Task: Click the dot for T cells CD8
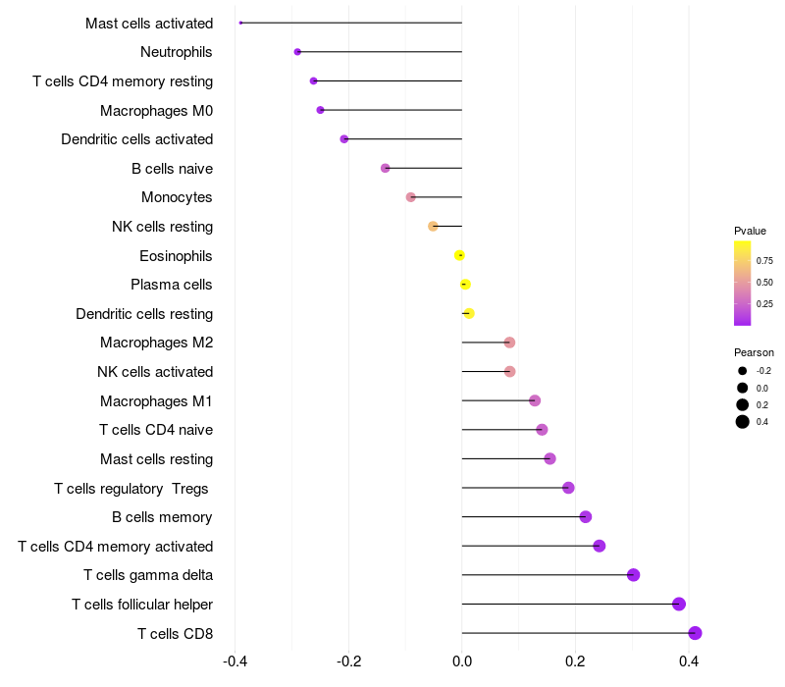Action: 695,633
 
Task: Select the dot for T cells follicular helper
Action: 679,604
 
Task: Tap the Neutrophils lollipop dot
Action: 297,51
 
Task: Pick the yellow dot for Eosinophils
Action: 459,255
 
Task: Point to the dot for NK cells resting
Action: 433,226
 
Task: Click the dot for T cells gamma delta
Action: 633,575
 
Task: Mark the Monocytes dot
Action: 410,197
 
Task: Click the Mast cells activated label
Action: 149,23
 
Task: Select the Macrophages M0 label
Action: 156,110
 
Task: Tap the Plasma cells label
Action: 172,285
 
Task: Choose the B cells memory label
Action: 162,517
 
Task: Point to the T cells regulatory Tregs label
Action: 133,488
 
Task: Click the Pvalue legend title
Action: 750,231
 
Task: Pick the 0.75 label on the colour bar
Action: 764,261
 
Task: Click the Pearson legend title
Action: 754,352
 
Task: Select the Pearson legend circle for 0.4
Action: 743,422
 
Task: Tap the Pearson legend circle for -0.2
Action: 743,371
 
